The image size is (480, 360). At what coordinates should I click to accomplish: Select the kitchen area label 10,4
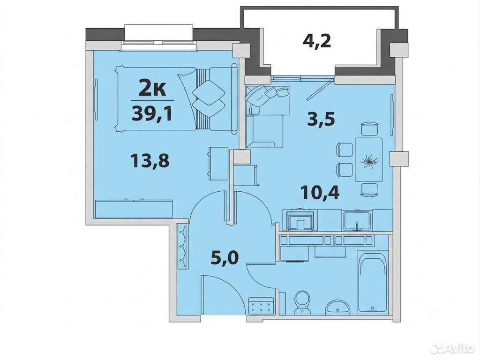(x=320, y=193)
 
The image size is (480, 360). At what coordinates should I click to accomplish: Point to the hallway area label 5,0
(x=225, y=258)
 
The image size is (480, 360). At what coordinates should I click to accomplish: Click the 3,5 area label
(x=321, y=119)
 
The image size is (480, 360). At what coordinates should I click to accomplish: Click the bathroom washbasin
(x=337, y=307)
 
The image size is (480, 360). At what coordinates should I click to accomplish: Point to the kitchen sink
(x=357, y=221)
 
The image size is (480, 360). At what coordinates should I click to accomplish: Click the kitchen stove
(x=300, y=220)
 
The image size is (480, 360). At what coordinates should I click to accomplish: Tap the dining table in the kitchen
(x=368, y=159)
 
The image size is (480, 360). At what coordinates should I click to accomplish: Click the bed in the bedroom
(x=176, y=99)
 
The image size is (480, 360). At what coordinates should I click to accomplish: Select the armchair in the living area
(x=266, y=117)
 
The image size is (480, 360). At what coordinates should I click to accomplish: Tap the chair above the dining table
(x=369, y=128)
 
